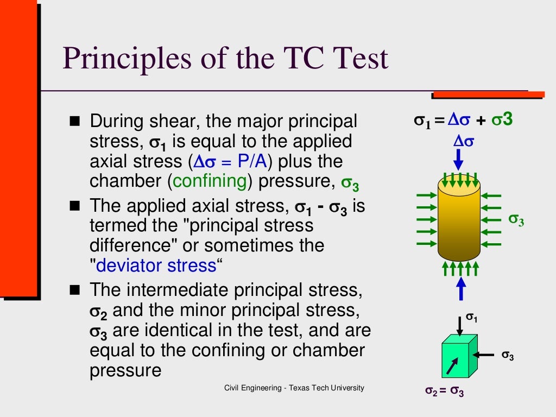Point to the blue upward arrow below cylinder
coord(460,288)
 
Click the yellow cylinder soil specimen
coord(459,220)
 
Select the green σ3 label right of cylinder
coord(516,219)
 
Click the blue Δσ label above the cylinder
coord(464,141)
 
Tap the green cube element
coord(458,357)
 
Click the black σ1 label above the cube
coord(472,317)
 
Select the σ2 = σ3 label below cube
coord(444,391)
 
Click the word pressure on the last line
coord(125,370)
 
